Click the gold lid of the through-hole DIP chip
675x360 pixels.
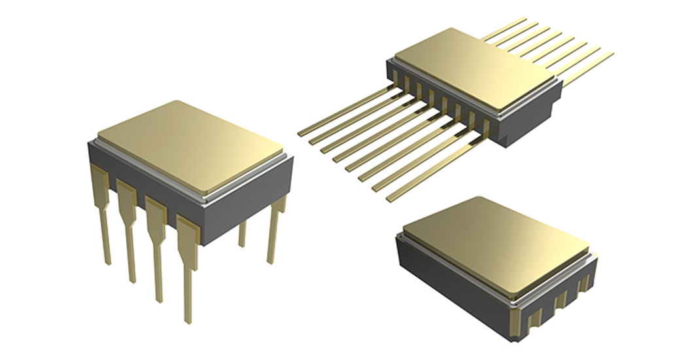click(x=190, y=147)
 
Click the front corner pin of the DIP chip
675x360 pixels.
click(x=188, y=275)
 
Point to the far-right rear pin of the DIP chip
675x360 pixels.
click(x=275, y=229)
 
